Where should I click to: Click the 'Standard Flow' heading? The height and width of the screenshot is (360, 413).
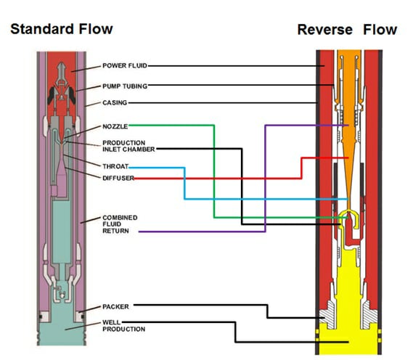(x=62, y=29)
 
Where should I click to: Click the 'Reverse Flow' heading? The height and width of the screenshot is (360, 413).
(x=347, y=30)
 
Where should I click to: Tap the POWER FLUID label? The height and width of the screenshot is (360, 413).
(x=125, y=65)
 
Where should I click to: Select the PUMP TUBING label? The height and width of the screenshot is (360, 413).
(x=125, y=86)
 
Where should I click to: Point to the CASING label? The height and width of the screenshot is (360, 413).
(x=115, y=102)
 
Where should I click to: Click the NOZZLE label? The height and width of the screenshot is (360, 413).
(x=115, y=126)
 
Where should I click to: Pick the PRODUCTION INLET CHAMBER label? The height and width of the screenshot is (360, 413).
(x=128, y=146)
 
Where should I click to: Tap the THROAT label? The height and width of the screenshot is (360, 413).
(x=115, y=166)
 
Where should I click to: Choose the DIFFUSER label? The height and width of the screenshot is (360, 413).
(x=118, y=178)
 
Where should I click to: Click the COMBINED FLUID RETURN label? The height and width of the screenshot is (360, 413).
(x=120, y=224)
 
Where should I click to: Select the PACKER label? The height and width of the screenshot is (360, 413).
(x=115, y=306)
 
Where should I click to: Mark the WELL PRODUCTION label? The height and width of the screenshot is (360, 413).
(x=124, y=326)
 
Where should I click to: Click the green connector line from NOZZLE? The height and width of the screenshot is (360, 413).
(x=214, y=171)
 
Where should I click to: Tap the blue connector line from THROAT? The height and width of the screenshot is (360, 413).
(x=184, y=184)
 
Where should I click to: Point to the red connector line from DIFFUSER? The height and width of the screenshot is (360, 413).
(x=301, y=168)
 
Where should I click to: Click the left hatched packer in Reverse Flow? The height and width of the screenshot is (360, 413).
(x=327, y=315)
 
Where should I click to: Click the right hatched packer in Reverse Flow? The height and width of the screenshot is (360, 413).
(x=369, y=315)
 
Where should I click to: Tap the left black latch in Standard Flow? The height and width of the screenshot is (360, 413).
(x=52, y=96)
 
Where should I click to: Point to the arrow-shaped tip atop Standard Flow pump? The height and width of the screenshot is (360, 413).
(x=62, y=68)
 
